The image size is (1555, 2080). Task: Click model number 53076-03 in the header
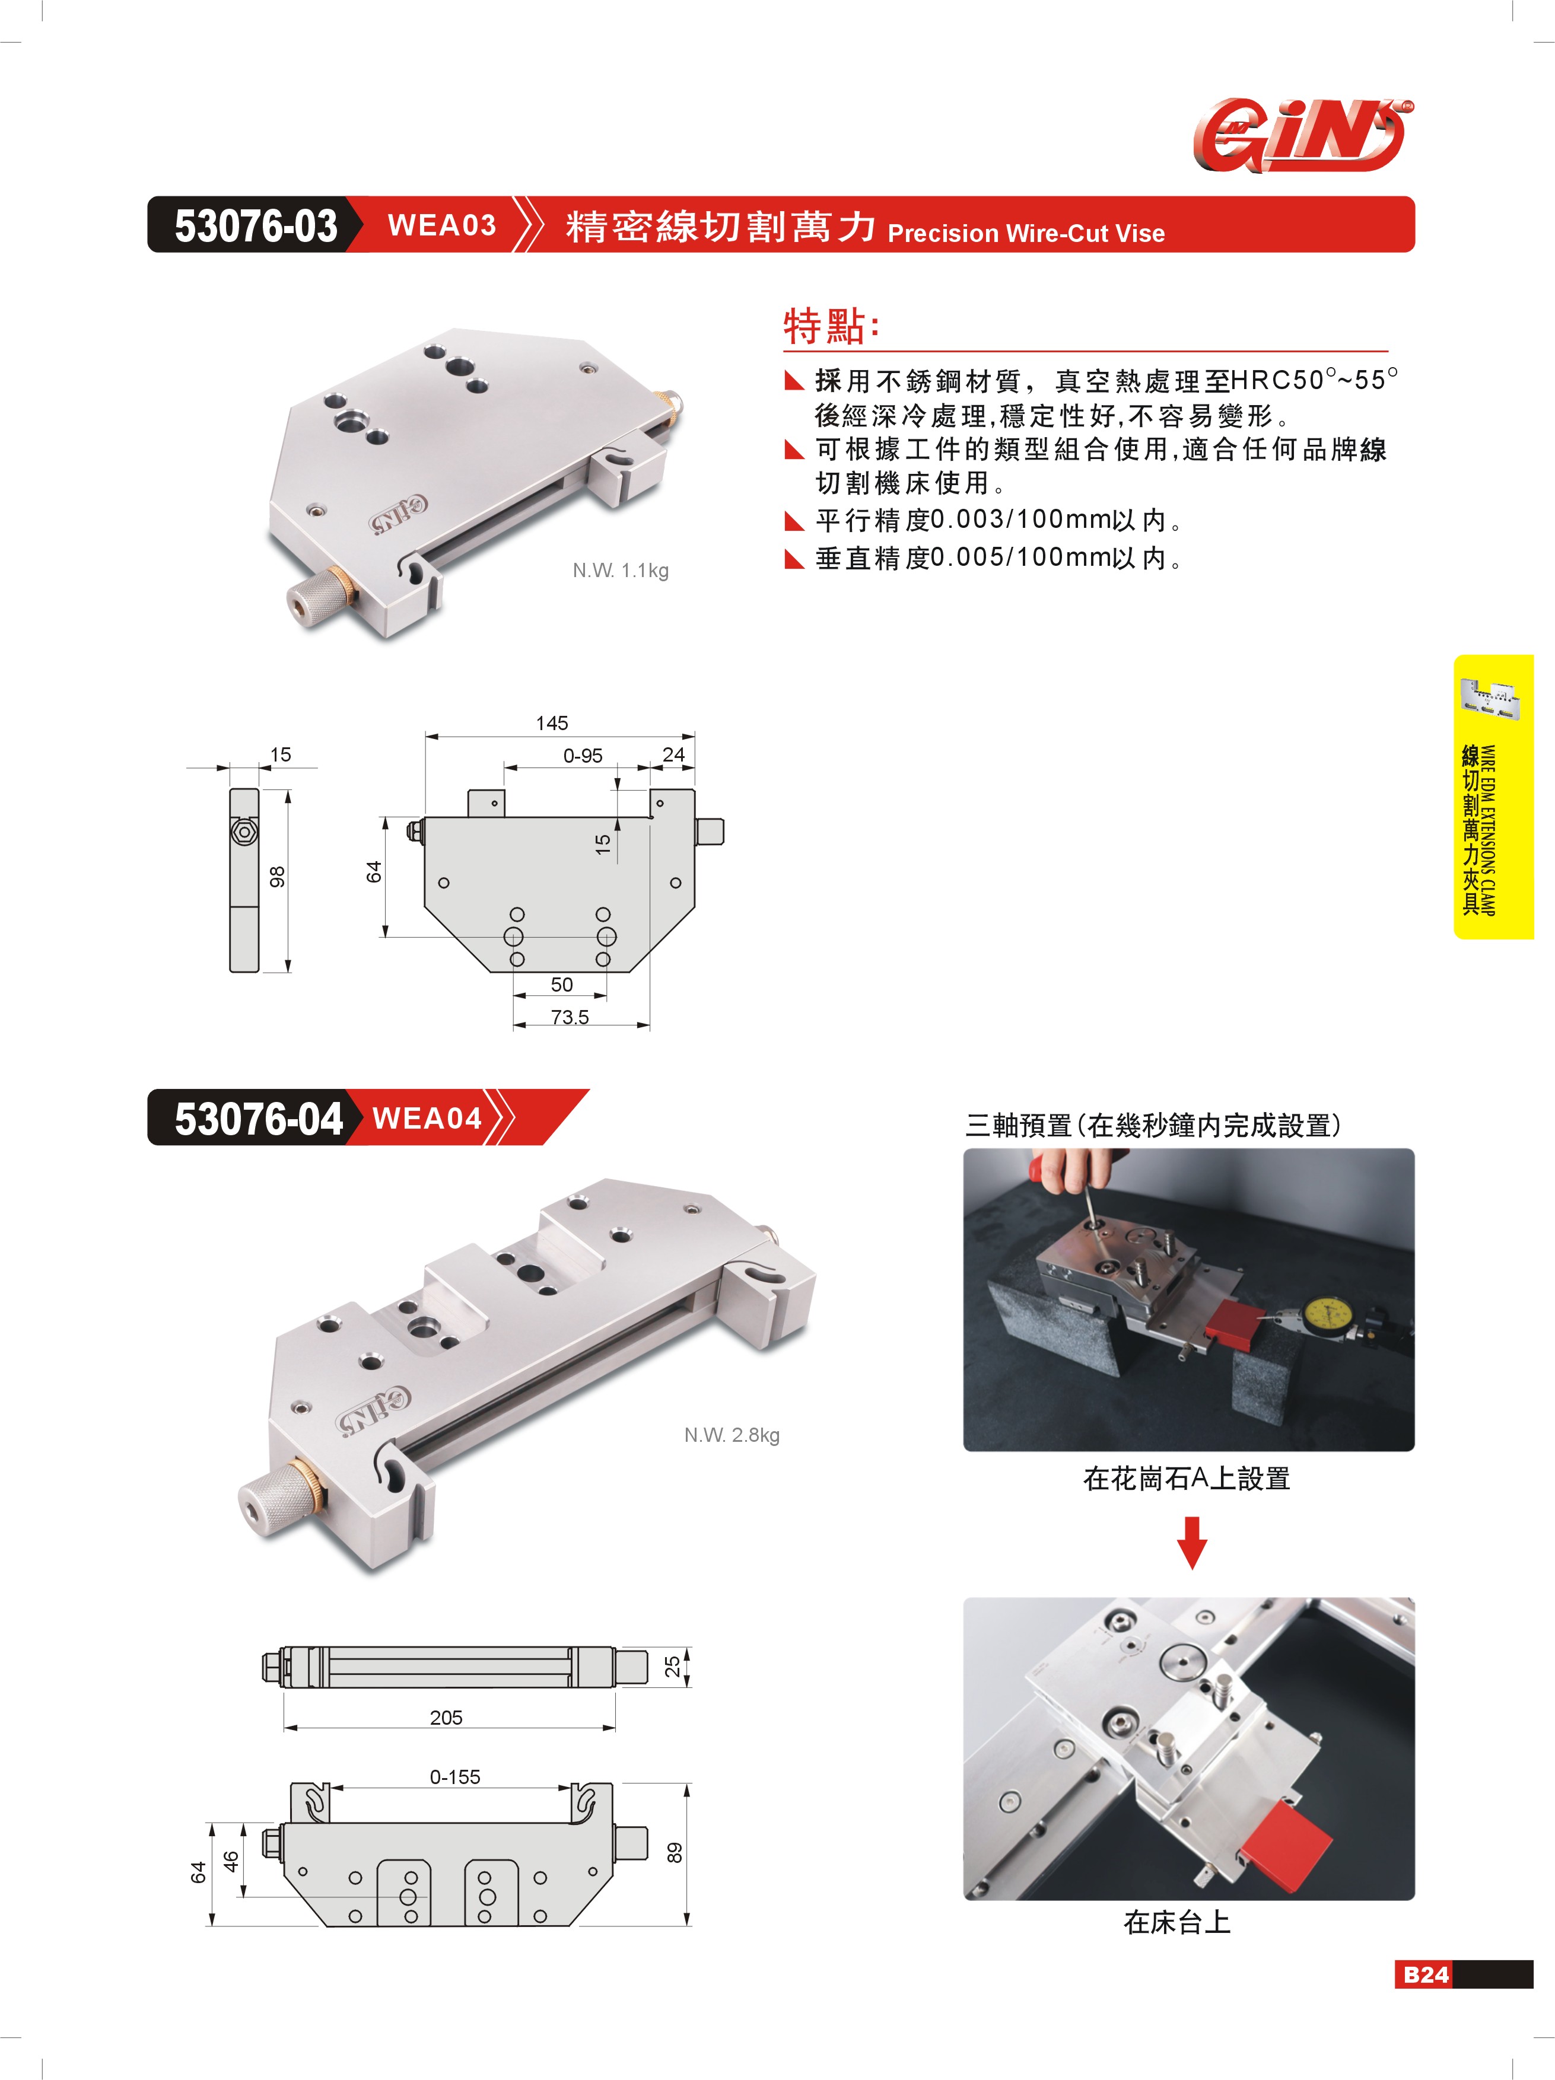(256, 226)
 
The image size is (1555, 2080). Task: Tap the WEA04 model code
(427, 1118)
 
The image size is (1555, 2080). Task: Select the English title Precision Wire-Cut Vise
(1026, 233)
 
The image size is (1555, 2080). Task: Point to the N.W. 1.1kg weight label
(621, 571)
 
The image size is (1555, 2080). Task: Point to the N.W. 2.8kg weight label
(732, 1435)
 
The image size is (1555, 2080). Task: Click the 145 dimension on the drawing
(552, 723)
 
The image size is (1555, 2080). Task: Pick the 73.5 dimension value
(570, 1017)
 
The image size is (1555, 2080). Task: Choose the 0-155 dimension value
(455, 1777)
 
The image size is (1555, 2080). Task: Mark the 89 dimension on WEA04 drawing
(675, 1852)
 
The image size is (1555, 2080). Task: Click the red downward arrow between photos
(1192, 1542)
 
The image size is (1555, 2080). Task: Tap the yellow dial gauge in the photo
(1328, 1318)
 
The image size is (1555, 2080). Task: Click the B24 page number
(1426, 1974)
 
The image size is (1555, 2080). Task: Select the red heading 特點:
(832, 326)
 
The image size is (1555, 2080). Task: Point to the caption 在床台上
(1177, 1923)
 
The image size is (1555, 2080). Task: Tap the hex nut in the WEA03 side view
(244, 832)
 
